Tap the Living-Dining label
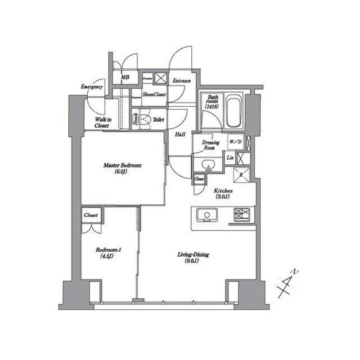193,258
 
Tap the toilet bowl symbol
145,119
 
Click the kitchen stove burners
243,214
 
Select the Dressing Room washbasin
206,165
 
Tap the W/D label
235,142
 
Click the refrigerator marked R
241,174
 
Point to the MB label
125,78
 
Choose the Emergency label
92,87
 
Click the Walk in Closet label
102,122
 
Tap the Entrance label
181,80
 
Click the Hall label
181,134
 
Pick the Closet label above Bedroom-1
91,215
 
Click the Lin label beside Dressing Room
231,158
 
